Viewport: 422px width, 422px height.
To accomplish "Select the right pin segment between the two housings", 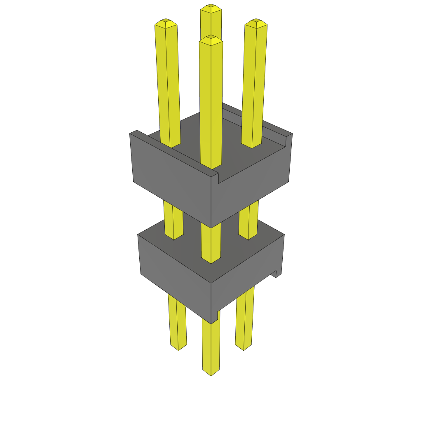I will pyautogui.click(x=249, y=218).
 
